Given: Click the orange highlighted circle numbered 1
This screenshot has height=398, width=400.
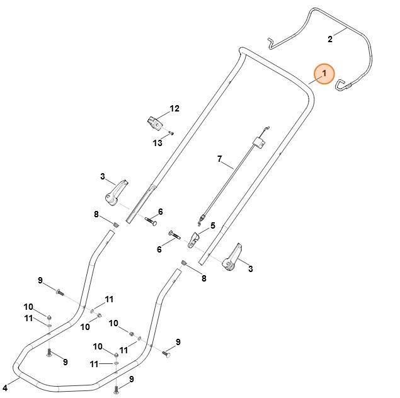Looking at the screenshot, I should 324,75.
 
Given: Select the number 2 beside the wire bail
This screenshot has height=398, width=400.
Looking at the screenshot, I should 330,39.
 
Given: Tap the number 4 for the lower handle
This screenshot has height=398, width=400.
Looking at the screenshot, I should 5,386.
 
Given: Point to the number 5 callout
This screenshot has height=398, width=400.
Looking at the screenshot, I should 213,225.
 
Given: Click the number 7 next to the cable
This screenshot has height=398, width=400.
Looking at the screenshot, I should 220,159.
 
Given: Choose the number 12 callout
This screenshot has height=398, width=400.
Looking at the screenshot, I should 174,109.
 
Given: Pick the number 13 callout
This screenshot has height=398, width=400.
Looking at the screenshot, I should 157,143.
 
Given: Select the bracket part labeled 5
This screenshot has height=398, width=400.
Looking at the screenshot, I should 195,239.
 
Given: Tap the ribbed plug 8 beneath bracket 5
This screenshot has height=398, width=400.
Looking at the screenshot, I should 183,263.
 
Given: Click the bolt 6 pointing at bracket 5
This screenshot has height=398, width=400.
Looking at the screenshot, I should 173,235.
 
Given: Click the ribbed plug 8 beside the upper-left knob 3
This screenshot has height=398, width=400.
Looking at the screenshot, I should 117,224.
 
